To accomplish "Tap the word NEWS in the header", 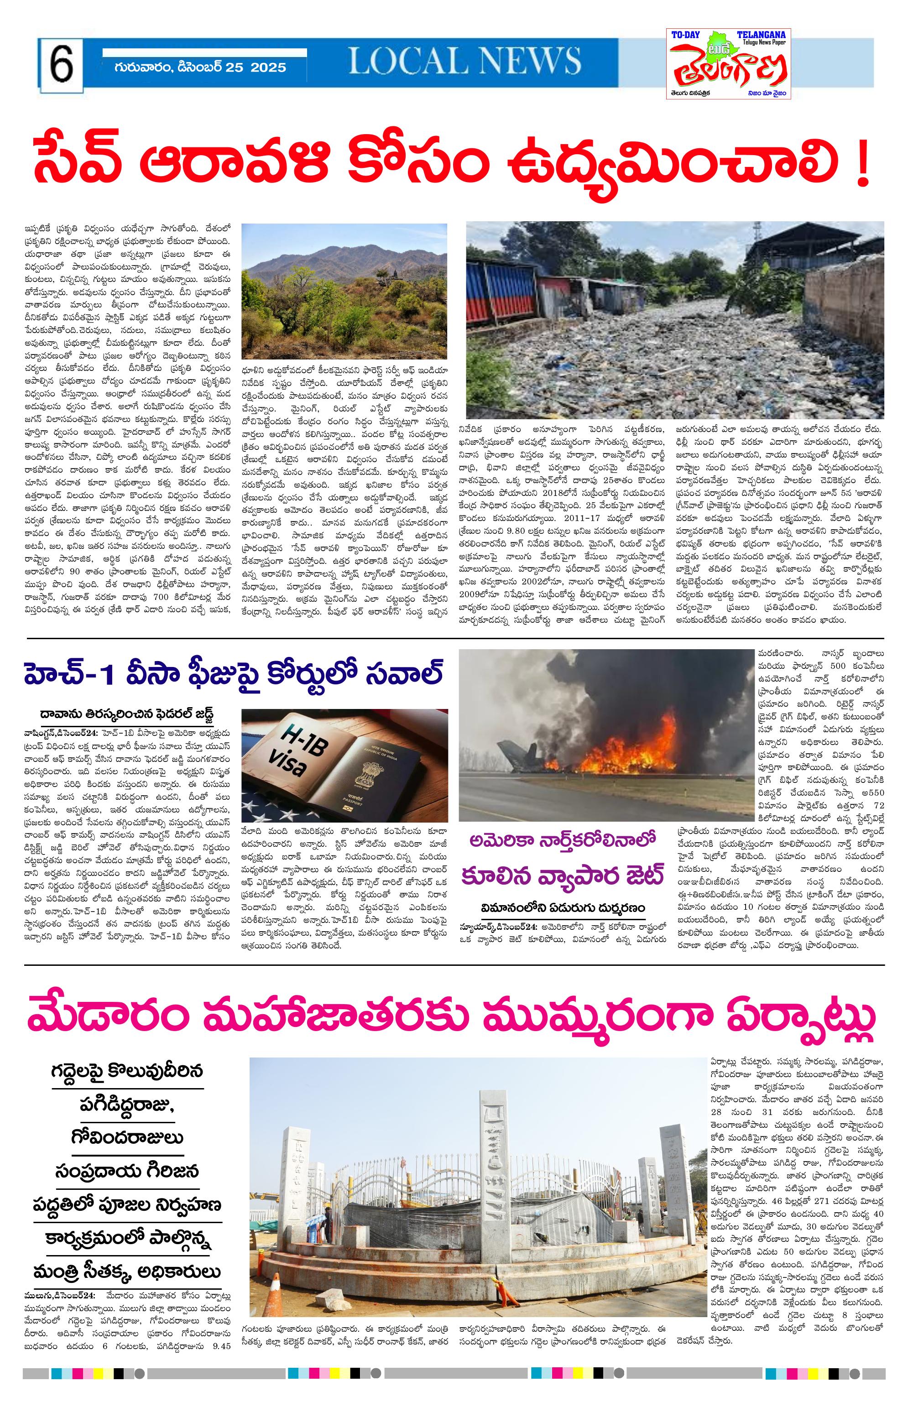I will pyautogui.click(x=522, y=61).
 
